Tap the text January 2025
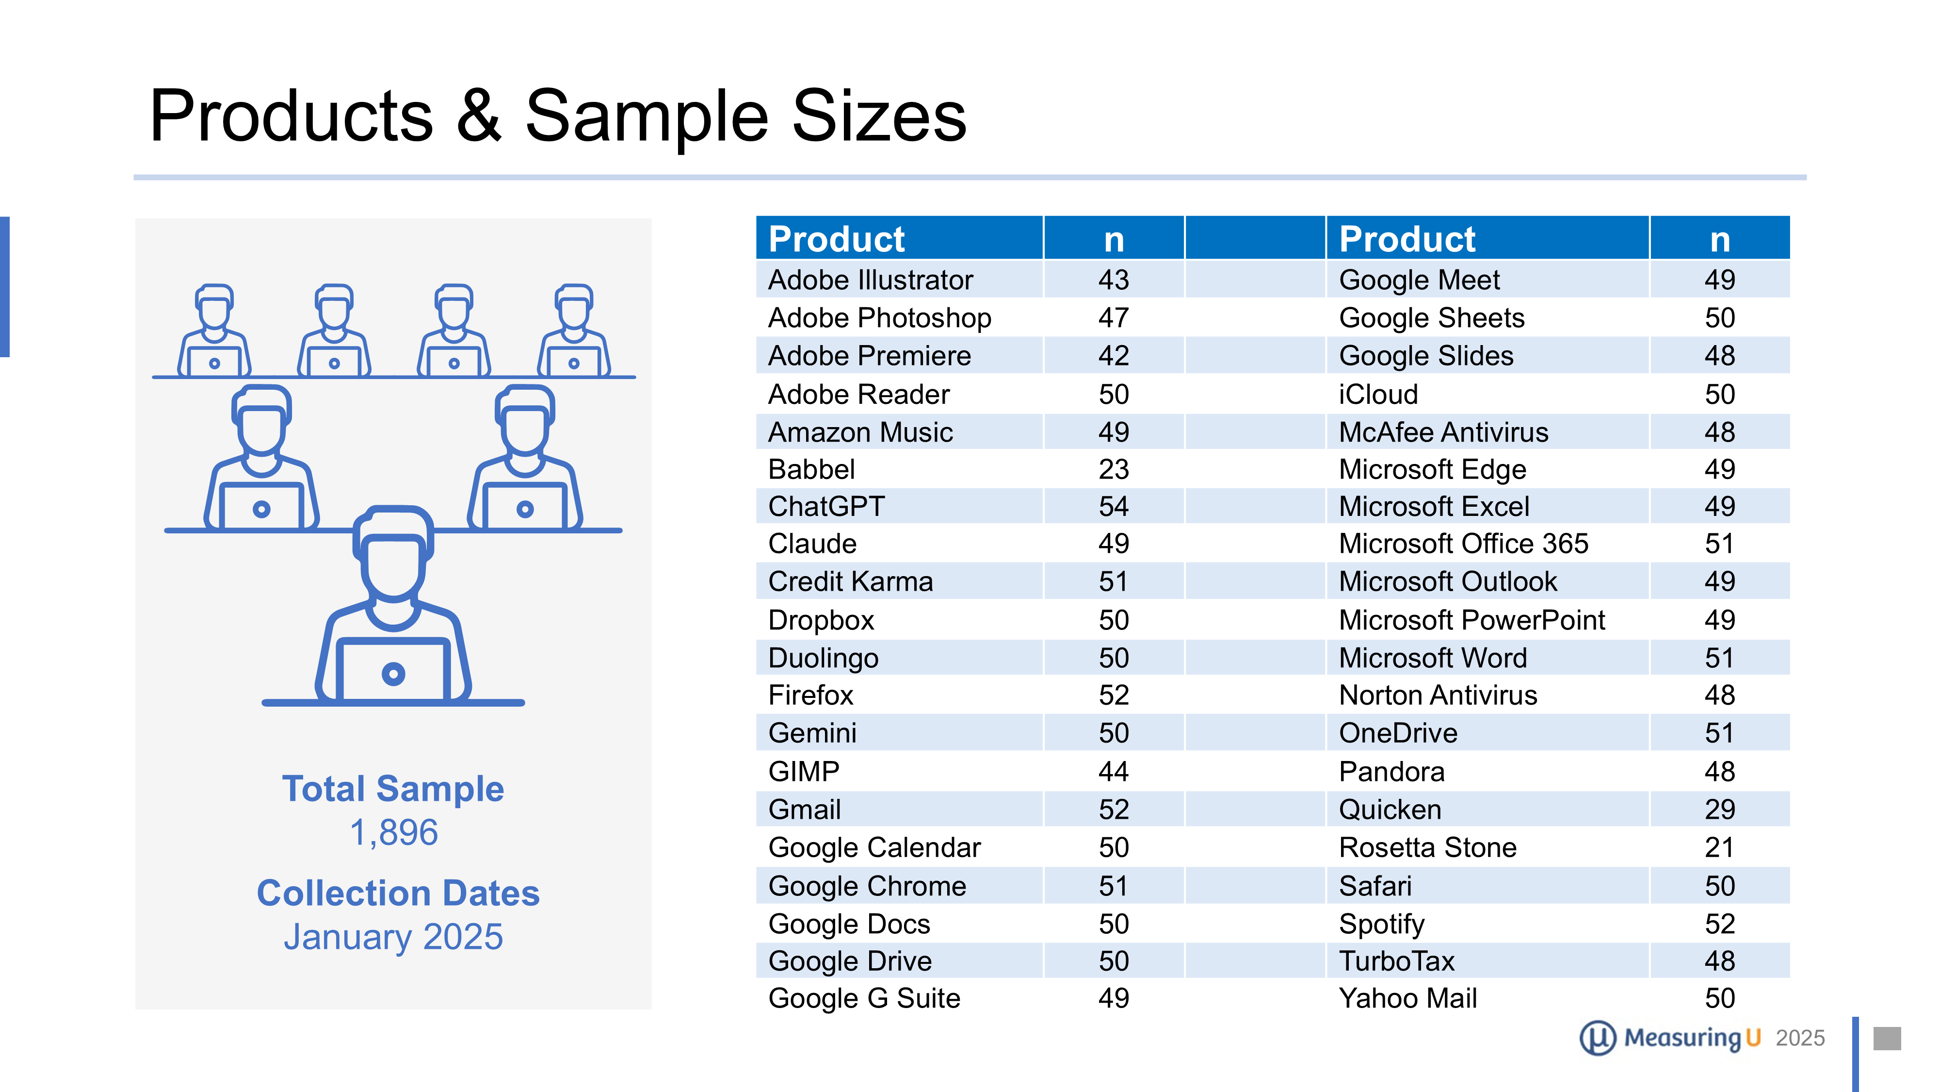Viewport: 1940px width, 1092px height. point(393,937)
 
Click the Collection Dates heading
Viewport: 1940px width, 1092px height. point(398,893)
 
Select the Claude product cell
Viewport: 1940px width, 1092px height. point(812,544)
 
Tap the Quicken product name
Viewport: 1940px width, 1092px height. point(1390,810)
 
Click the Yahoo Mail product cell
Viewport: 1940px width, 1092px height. point(1407,998)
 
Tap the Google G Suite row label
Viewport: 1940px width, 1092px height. point(864,998)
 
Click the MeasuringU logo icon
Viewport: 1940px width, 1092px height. point(1597,1038)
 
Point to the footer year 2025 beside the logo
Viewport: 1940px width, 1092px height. point(1800,1038)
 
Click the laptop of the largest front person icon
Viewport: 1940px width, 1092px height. point(393,670)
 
